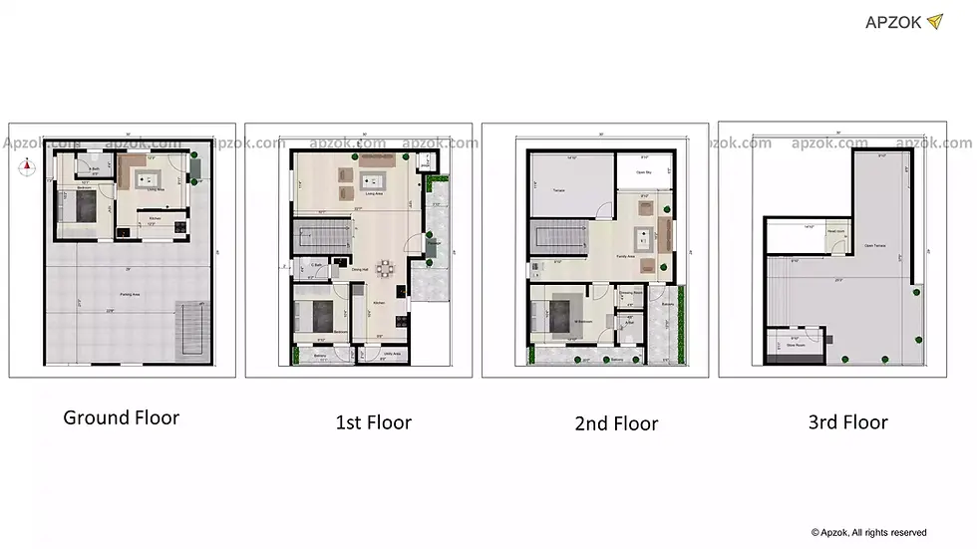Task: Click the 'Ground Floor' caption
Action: click(122, 416)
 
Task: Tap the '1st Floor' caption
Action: click(373, 421)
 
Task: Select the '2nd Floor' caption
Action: click(616, 423)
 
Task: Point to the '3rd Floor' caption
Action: click(847, 421)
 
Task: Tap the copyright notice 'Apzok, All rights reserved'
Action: click(868, 532)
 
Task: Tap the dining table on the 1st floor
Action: click(383, 268)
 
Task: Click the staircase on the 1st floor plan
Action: click(319, 239)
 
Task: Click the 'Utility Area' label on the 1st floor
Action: click(391, 354)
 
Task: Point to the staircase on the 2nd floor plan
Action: click(555, 240)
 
